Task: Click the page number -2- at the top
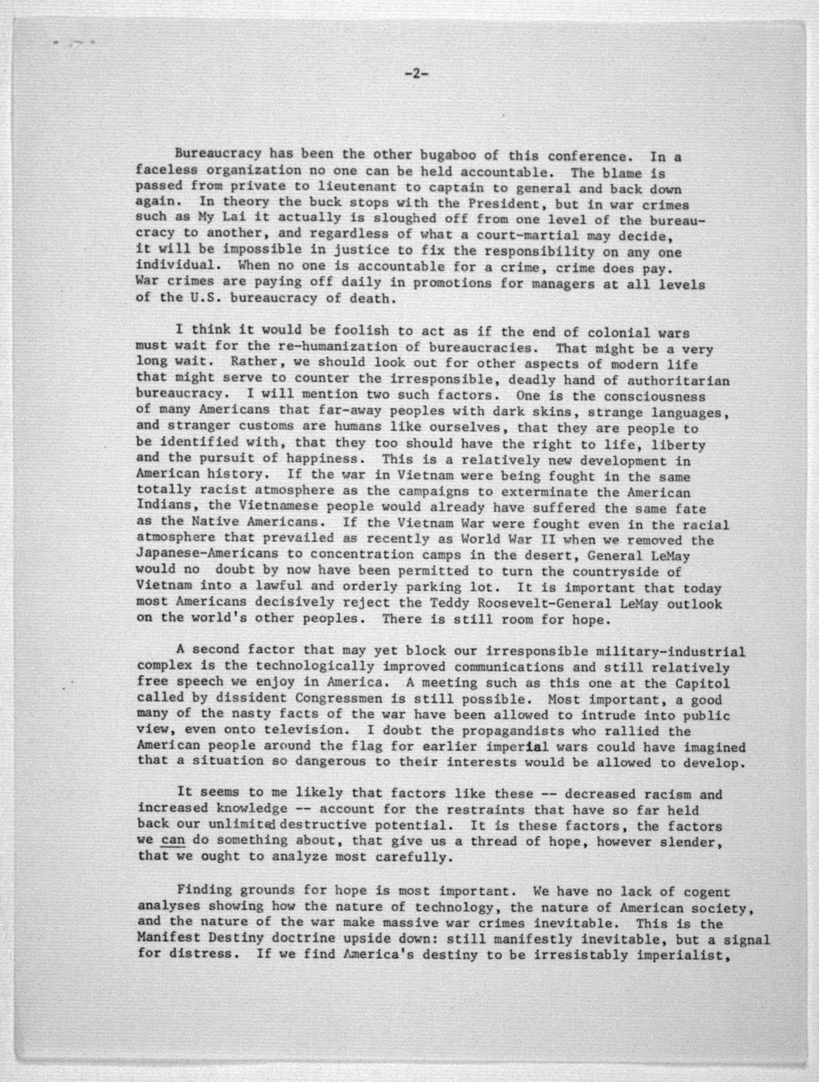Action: pos(416,74)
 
